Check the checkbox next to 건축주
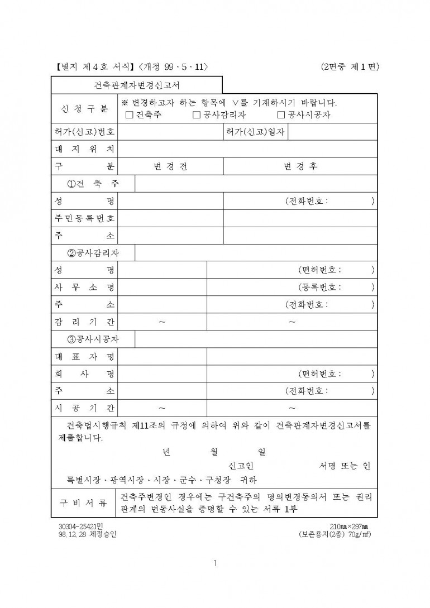[x=130, y=115]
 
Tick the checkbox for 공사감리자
[x=196, y=115]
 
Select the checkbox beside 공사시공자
[x=281, y=115]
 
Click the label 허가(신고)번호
[x=85, y=132]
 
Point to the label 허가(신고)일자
[x=256, y=132]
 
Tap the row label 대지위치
[x=85, y=150]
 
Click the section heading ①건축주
[x=93, y=184]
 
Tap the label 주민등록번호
[x=85, y=218]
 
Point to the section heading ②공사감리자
[x=93, y=253]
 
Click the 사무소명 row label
[x=85, y=287]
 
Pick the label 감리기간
[x=85, y=322]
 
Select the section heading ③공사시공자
[x=93, y=339]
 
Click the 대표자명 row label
[x=85, y=356]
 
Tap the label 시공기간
[x=85, y=408]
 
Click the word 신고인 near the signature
[x=241, y=465]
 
